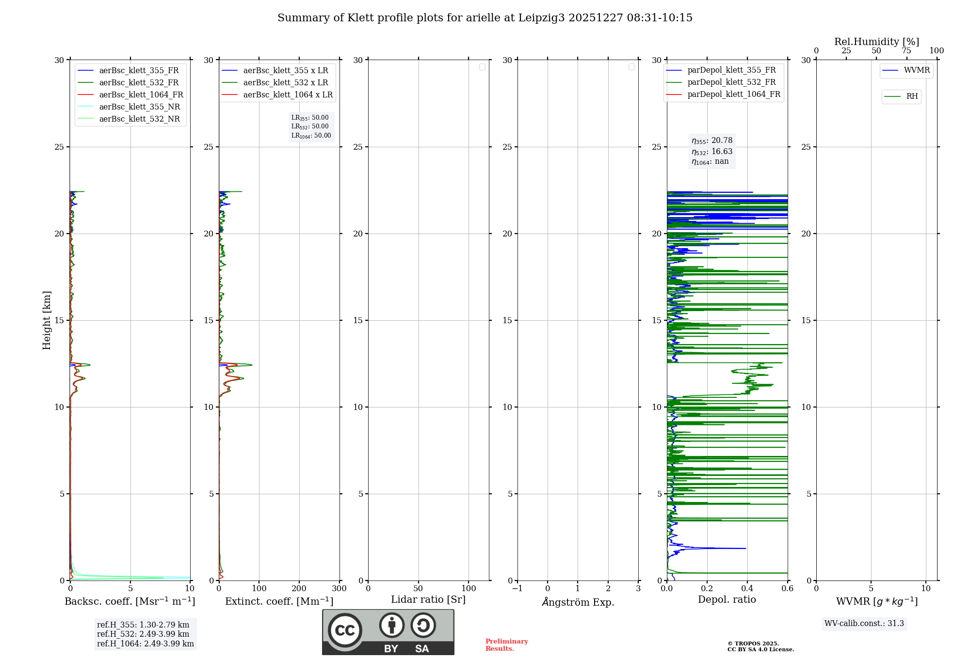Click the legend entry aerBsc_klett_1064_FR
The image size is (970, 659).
pyautogui.click(x=141, y=95)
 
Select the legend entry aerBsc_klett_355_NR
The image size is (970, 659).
pyautogui.click(x=139, y=107)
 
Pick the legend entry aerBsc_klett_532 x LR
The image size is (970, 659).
pyautogui.click(x=285, y=83)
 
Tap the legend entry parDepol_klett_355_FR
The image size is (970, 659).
pyautogui.click(x=731, y=70)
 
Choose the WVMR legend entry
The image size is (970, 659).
pyautogui.click(x=917, y=70)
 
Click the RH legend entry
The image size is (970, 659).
pyautogui.click(x=912, y=96)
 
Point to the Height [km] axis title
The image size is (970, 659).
pyautogui.click(x=47, y=320)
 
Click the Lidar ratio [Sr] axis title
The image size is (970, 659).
pyautogui.click(x=428, y=600)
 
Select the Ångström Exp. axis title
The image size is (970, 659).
pyautogui.click(x=578, y=602)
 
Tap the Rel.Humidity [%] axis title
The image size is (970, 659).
pyautogui.click(x=876, y=42)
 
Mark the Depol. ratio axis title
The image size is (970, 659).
pyautogui.click(x=727, y=600)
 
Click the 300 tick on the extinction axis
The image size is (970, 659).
pyautogui.click(x=339, y=589)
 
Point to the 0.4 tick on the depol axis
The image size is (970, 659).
pyautogui.click(x=747, y=589)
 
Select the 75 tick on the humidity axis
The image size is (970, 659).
pyautogui.click(x=906, y=51)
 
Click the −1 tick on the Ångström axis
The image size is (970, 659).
pyautogui.click(x=517, y=589)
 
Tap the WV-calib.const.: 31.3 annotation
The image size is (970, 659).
pyautogui.click(x=864, y=624)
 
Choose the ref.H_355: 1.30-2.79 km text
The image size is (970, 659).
pyautogui.click(x=143, y=625)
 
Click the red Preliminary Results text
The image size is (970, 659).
pyautogui.click(x=506, y=645)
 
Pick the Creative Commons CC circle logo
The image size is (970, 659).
pyautogui.click(x=345, y=630)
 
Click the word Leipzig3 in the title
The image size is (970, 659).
pyautogui.click(x=541, y=18)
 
